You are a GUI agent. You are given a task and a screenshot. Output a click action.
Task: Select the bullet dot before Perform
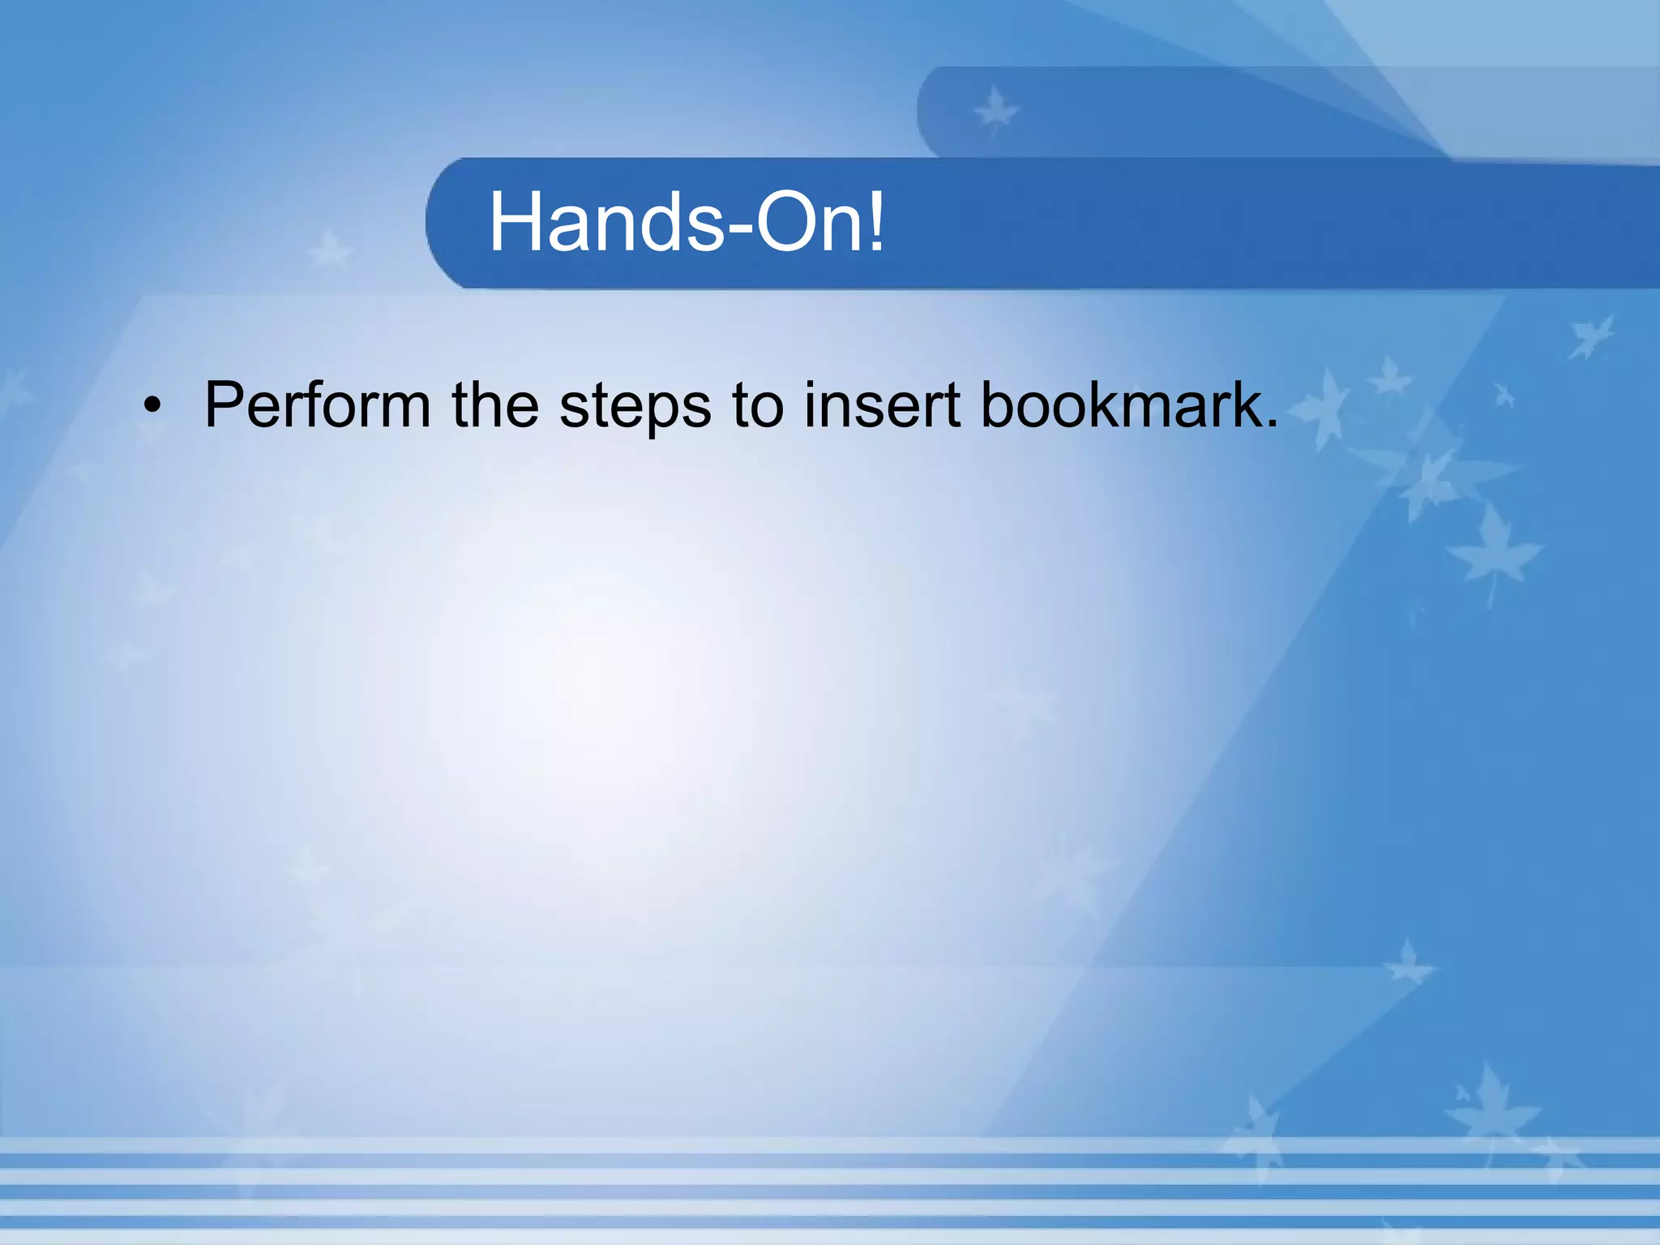click(152, 406)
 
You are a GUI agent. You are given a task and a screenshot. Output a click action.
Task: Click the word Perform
click(317, 405)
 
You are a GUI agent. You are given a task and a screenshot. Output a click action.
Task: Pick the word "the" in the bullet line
click(494, 405)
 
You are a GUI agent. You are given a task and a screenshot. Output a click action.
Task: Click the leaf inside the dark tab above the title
click(995, 110)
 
